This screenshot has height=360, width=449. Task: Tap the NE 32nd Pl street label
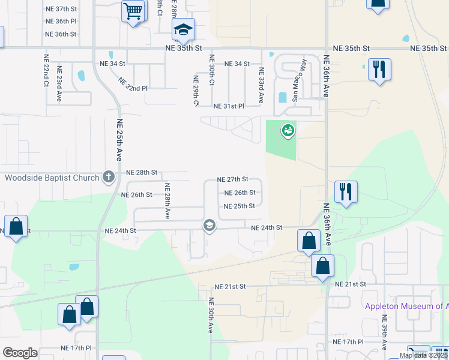pos(133,85)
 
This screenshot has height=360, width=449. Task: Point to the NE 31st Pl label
pos(229,106)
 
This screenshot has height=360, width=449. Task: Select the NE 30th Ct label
pos(212,70)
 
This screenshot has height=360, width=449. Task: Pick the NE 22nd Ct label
pos(46,71)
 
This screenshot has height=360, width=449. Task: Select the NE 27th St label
pos(233,179)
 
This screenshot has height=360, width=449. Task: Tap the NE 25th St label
pos(240,206)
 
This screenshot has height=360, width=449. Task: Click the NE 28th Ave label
pos(168,201)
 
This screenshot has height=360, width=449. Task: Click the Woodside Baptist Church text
pos(52,178)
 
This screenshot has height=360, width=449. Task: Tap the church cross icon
pos(109,176)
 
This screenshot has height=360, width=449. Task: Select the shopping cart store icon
pos(133,11)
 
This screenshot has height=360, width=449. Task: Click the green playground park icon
pos(288,129)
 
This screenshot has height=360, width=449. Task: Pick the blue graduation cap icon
pos(183,29)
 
